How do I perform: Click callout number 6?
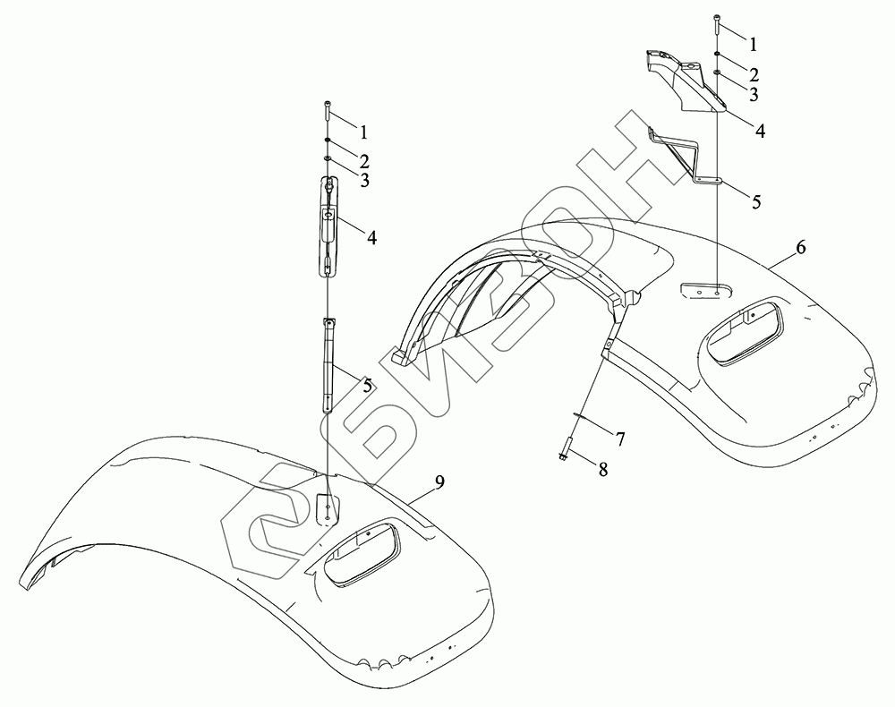(x=800, y=248)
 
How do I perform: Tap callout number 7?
(x=618, y=439)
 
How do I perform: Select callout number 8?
(x=602, y=469)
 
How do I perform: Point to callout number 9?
(x=439, y=482)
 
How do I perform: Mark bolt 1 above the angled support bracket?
(x=719, y=22)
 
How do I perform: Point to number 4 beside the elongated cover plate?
(x=371, y=237)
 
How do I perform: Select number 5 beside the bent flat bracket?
(x=756, y=201)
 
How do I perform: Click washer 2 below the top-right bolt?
(x=719, y=55)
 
